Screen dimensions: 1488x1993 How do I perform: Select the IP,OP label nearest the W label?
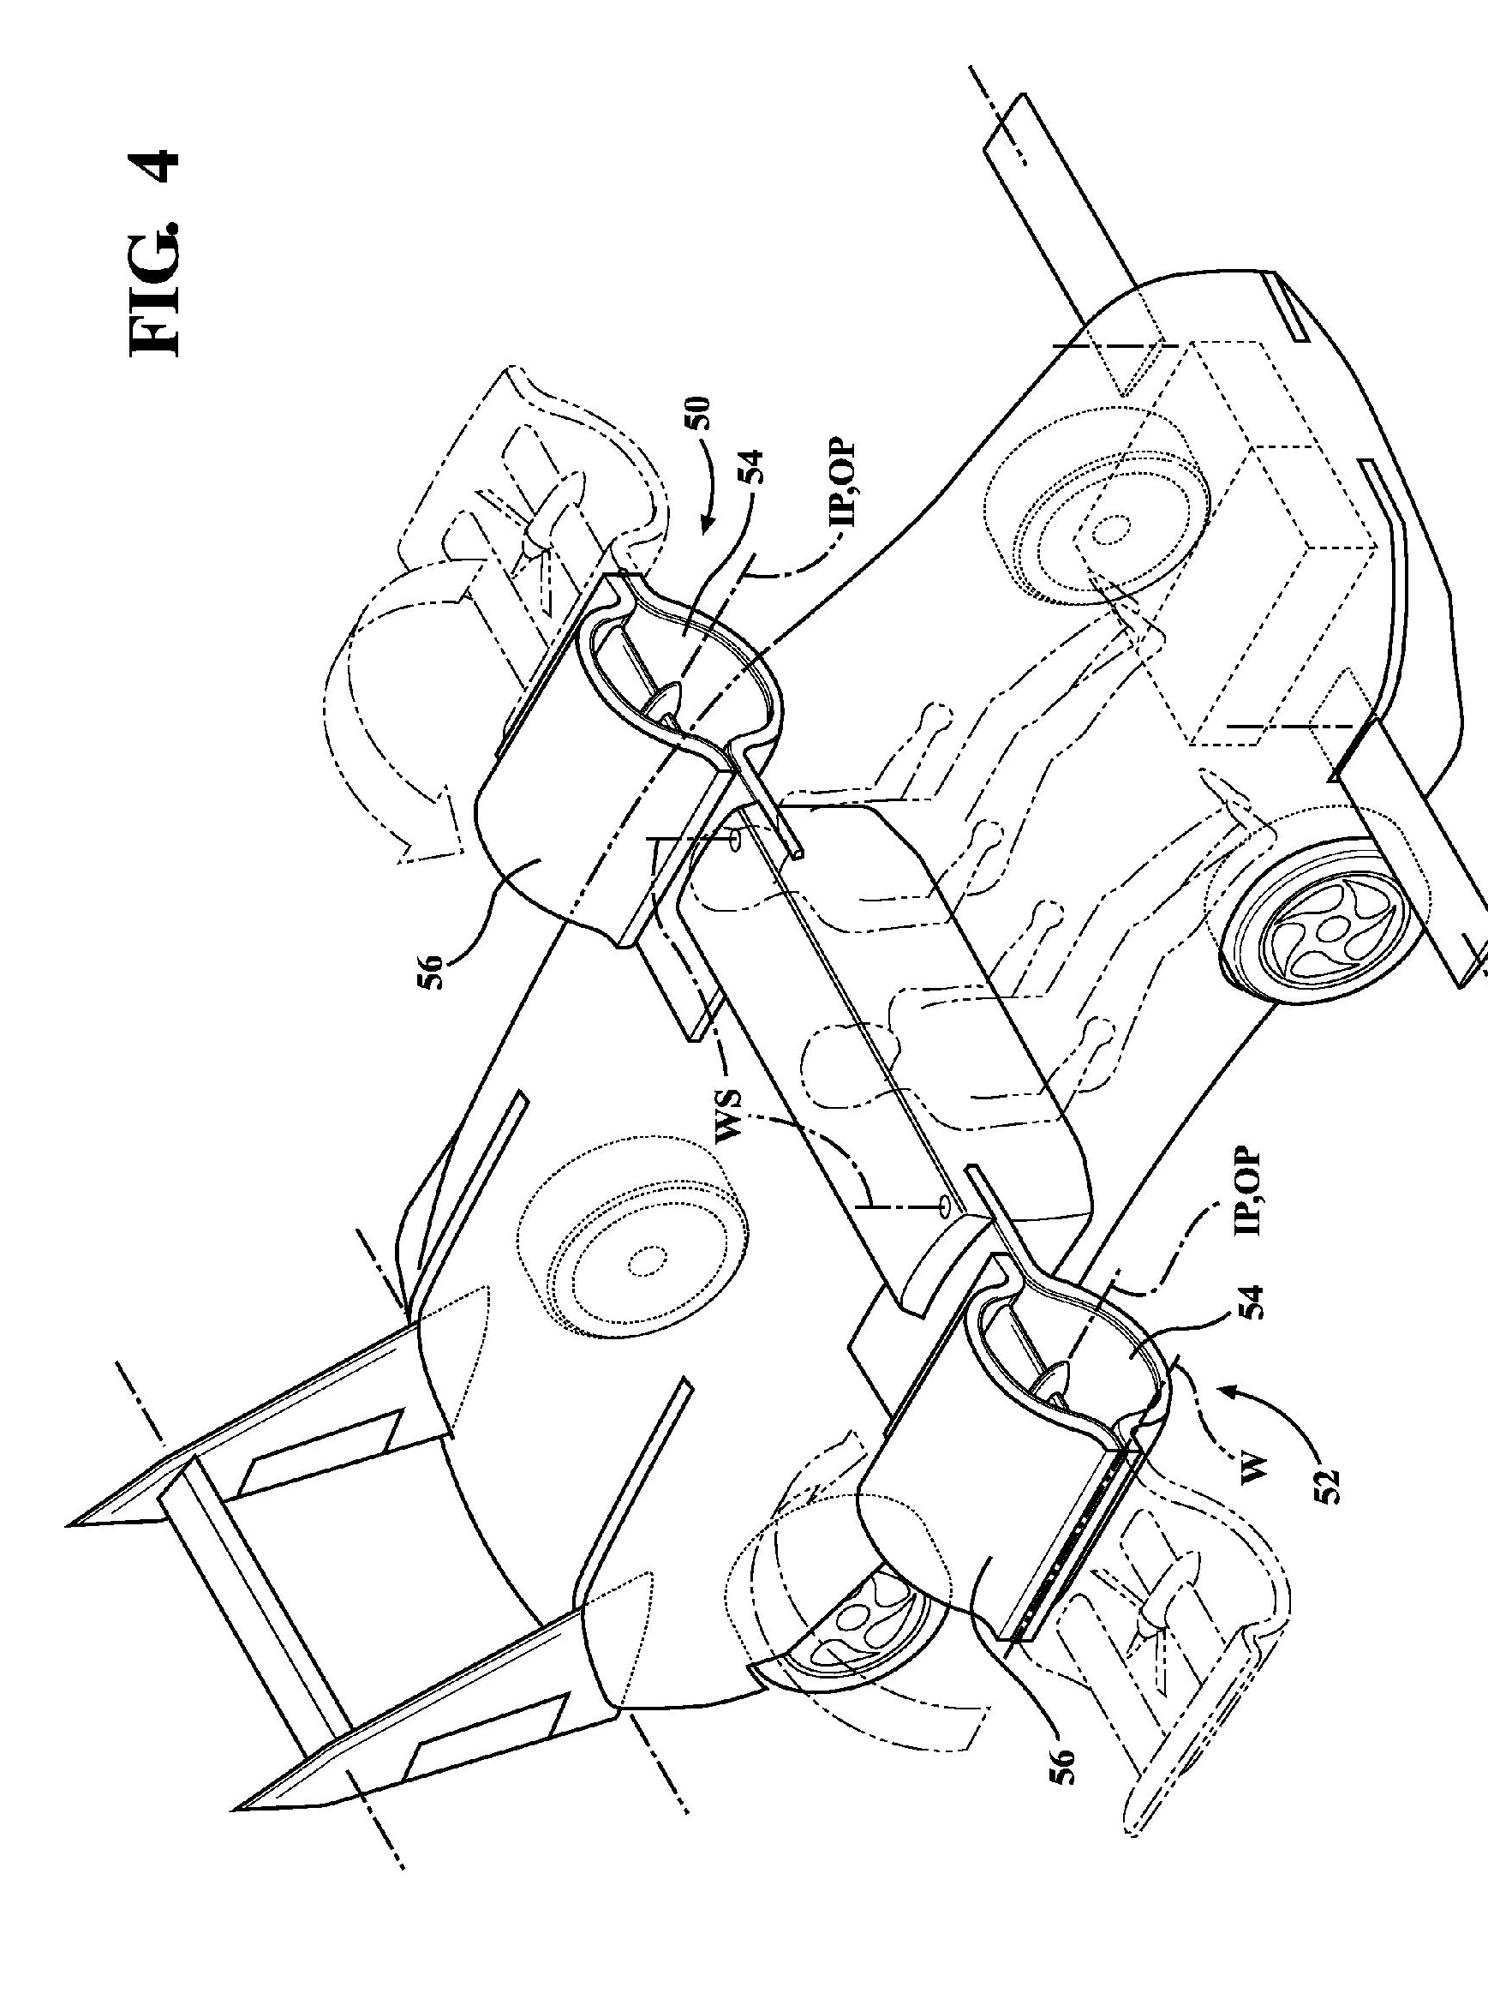click(1253, 1190)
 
